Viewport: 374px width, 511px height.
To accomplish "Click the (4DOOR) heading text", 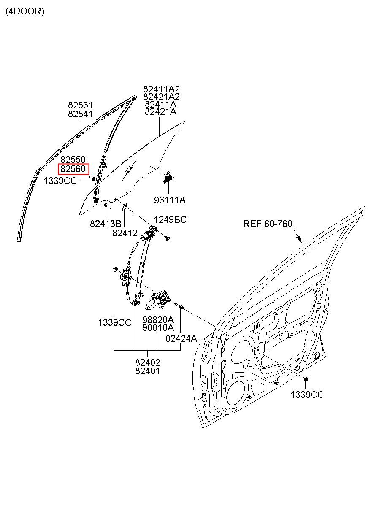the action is click(25, 11).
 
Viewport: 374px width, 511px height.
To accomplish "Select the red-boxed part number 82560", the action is click(73, 169).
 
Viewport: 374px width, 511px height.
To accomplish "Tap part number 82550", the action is click(73, 160).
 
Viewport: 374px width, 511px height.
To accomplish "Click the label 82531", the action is click(81, 105).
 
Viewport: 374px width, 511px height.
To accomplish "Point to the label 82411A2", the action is click(161, 89).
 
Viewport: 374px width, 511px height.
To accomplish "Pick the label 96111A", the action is click(170, 200).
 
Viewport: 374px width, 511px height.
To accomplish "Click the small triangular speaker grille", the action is click(168, 177).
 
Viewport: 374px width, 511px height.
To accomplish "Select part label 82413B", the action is click(106, 224).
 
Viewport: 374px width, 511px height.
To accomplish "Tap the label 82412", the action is click(125, 233).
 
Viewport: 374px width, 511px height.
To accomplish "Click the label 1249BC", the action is click(170, 220).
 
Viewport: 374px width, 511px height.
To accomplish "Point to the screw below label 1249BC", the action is click(168, 238).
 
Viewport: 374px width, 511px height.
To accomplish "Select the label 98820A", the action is click(158, 320).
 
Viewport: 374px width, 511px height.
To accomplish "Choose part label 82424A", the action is click(181, 338).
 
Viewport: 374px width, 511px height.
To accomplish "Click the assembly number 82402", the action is click(148, 362).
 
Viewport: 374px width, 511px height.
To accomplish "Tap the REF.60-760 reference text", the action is click(268, 224).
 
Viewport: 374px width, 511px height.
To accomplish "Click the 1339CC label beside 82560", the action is click(60, 181).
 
